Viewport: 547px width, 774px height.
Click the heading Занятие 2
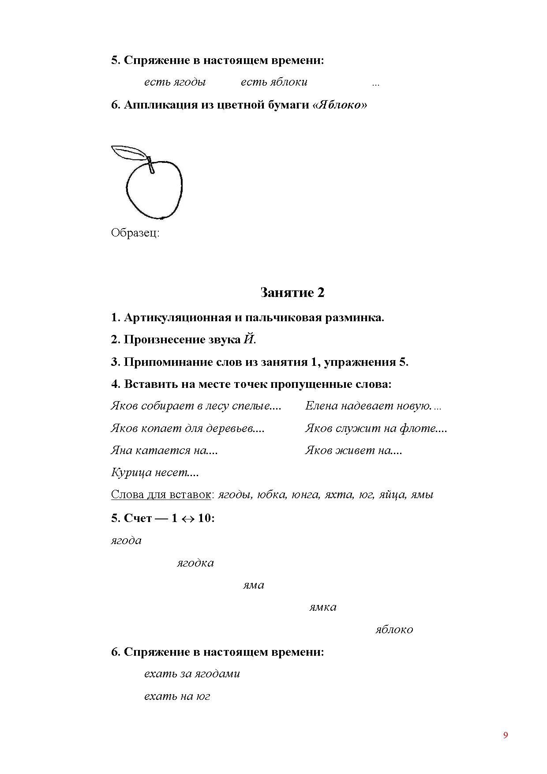tap(292, 293)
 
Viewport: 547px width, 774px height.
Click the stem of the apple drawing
tap(151, 165)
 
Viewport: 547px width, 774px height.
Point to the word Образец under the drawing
tap(135, 233)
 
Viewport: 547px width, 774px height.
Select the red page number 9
tap(506, 735)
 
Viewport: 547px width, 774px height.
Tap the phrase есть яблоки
tap(274, 82)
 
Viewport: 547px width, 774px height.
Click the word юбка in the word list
tap(271, 495)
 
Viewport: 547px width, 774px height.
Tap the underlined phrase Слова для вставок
tap(161, 495)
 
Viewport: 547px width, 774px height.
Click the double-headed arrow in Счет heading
tap(187, 519)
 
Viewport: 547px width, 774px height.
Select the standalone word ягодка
tap(195, 563)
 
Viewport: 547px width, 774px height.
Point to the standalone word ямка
tap(322, 607)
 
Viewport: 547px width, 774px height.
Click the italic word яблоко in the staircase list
tap(394, 630)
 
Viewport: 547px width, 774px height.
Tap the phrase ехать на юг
tap(177, 696)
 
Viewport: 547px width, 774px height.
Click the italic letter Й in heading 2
tap(249, 339)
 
